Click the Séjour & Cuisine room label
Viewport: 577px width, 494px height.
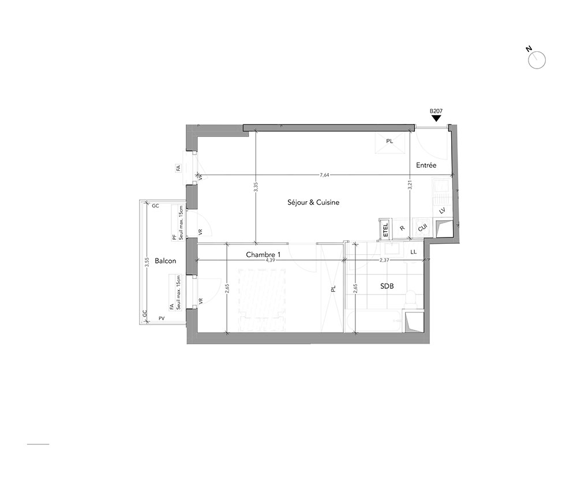[313, 202]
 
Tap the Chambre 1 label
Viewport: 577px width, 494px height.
[263, 254]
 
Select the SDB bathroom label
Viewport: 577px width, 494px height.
[387, 285]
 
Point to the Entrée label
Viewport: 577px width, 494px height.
[426, 165]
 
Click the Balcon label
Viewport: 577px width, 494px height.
[165, 261]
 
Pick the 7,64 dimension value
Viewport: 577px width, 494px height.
[324, 175]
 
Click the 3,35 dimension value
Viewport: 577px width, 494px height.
[256, 187]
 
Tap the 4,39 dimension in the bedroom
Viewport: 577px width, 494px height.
[270, 260]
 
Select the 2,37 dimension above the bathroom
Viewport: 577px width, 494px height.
[384, 260]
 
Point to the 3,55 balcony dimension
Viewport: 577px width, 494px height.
[147, 262]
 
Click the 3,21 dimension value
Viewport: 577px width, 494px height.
[410, 184]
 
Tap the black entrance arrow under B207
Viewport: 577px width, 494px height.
[436, 118]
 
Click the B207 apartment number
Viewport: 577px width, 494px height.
[436, 111]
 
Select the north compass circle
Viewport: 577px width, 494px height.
[537, 61]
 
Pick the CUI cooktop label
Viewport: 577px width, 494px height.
[422, 228]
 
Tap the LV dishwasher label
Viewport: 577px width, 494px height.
[443, 210]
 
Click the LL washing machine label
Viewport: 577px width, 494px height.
[413, 252]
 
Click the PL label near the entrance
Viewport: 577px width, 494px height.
[389, 141]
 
